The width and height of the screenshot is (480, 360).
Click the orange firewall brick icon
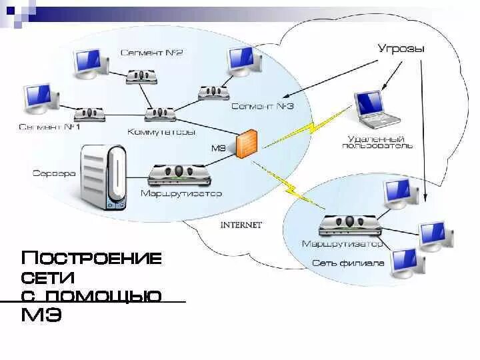click(x=247, y=143)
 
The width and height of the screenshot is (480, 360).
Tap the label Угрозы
click(x=401, y=49)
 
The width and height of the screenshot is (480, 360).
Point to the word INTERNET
click(x=241, y=225)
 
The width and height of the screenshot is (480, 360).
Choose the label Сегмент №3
click(x=262, y=106)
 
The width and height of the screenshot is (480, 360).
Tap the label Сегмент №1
click(x=49, y=127)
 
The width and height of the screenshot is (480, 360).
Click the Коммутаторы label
click(x=161, y=132)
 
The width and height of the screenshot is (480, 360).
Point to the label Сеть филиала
click(x=348, y=263)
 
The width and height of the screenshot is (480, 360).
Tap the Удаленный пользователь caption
click(x=380, y=141)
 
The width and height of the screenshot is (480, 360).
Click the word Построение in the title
click(x=91, y=258)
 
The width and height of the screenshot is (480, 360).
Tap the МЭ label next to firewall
click(x=219, y=147)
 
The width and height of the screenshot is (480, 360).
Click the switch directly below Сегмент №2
click(x=142, y=76)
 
